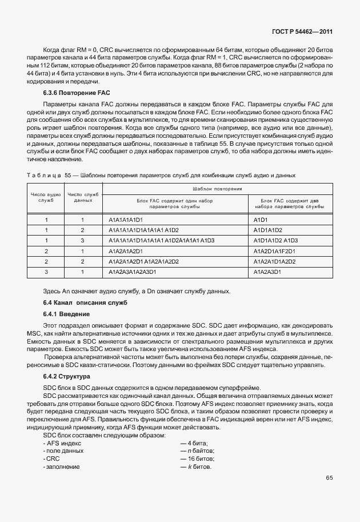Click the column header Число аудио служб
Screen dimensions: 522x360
click(x=46, y=198)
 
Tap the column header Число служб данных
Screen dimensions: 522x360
click(x=83, y=198)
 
